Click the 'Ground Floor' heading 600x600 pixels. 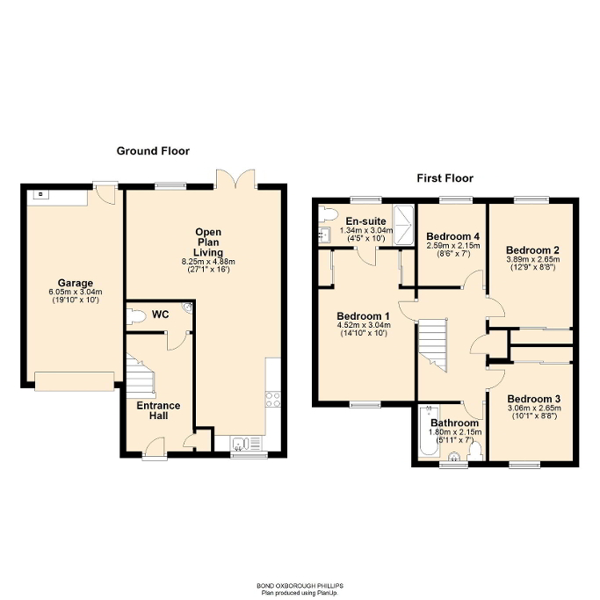[153, 151]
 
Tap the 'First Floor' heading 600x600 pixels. [445, 178]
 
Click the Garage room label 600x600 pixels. [76, 283]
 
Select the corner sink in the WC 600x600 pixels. [186, 308]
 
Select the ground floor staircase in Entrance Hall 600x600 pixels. [139, 375]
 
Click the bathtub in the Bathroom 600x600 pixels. [428, 432]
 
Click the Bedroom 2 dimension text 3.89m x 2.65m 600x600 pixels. [533, 260]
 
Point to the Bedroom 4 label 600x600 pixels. [452, 236]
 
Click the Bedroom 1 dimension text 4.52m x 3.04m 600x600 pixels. [362, 326]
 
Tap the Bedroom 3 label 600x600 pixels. [534, 398]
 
